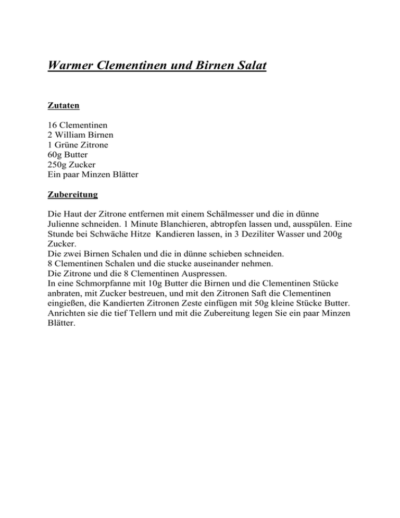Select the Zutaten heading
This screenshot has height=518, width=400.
(x=64, y=106)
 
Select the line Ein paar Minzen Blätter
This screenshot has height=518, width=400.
(x=93, y=175)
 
